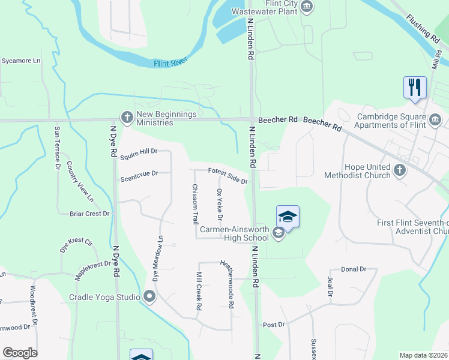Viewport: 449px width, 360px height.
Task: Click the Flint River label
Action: pyautogui.click(x=170, y=61)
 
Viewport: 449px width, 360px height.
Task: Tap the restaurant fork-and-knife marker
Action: pyautogui.click(x=415, y=88)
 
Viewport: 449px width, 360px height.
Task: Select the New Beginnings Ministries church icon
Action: pyautogui.click(x=127, y=118)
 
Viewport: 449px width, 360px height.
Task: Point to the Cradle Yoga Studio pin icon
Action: pyautogui.click(x=149, y=296)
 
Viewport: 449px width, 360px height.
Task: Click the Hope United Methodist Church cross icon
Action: pyautogui.click(x=400, y=171)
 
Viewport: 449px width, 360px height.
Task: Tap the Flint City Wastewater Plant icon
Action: pyautogui.click(x=307, y=7)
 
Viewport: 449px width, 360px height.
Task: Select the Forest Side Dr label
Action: pyautogui.click(x=228, y=176)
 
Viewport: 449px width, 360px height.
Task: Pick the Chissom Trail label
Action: pyautogui.click(x=195, y=204)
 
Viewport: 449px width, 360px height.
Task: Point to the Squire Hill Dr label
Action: pyautogui.click(x=138, y=155)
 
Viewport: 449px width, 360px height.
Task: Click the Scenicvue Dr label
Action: pyautogui.click(x=139, y=174)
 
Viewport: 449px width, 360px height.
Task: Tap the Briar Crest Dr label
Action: pyautogui.click(x=90, y=213)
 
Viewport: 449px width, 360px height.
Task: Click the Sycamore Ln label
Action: pyautogui.click(x=21, y=61)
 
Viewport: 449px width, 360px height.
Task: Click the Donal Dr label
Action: pyautogui.click(x=354, y=269)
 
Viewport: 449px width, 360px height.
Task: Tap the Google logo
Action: pyautogui.click(x=20, y=353)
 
